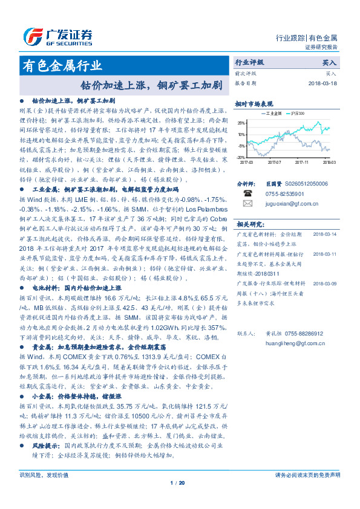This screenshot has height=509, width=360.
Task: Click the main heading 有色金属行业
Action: (x=62, y=66)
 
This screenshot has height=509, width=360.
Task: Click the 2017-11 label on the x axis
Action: (x=303, y=161)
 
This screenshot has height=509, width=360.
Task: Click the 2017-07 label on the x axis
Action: (x=275, y=161)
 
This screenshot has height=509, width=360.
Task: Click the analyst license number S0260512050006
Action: (x=306, y=184)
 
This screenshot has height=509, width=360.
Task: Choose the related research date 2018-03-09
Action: (x=326, y=282)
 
